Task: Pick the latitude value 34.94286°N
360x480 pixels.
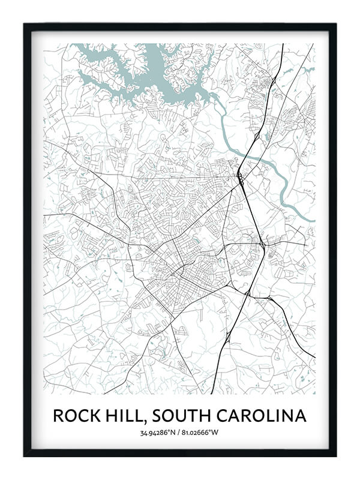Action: click(158, 433)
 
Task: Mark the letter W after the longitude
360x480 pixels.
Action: click(217, 433)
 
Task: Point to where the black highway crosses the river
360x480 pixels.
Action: click(247, 157)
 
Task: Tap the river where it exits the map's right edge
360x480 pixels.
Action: click(311, 220)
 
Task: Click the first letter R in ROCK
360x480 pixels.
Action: click(58, 415)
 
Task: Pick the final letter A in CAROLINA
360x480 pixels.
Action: click(301, 415)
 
